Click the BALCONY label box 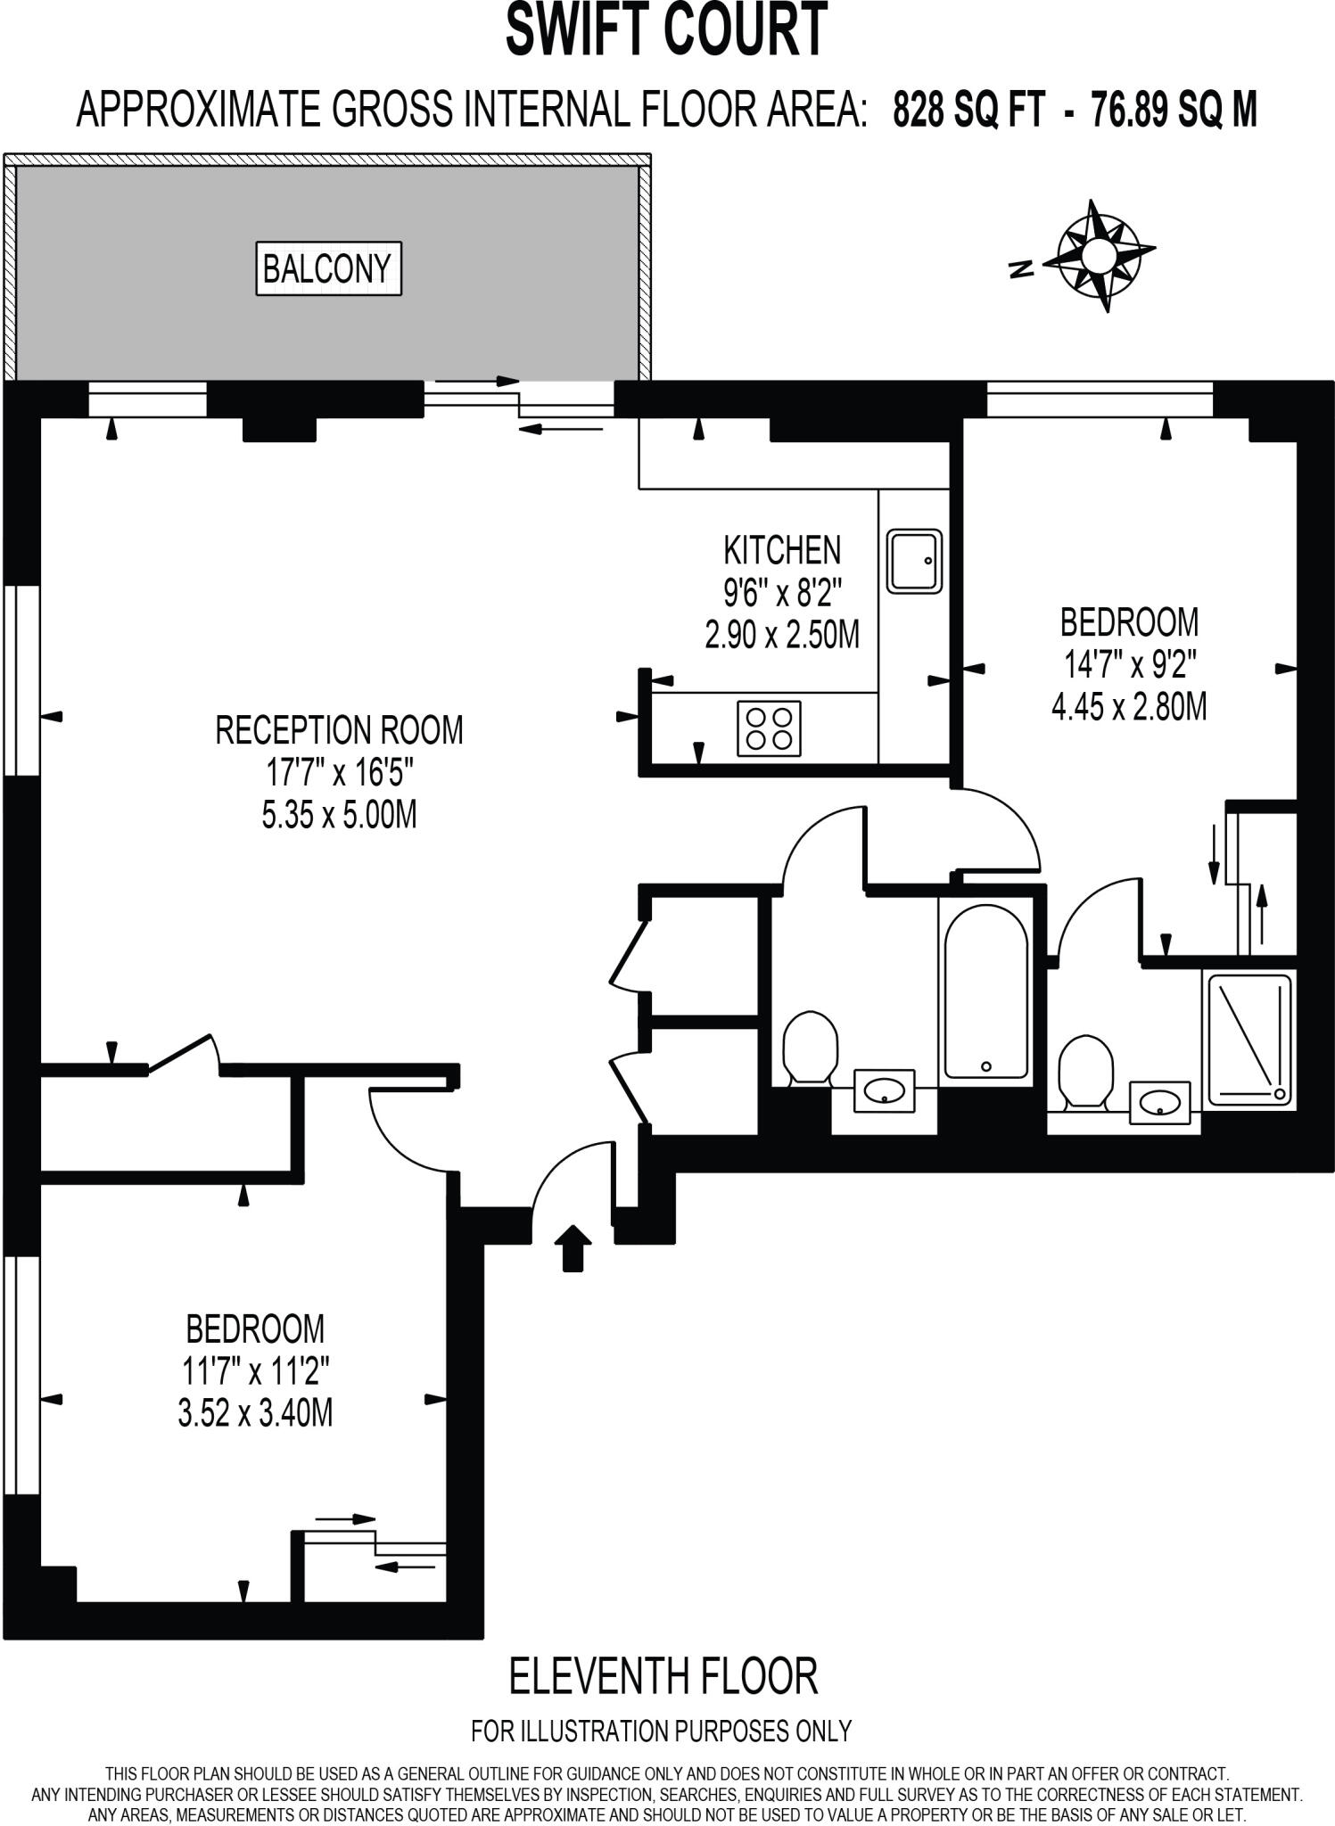pyautogui.click(x=328, y=268)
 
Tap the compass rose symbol pyautogui.click(x=1099, y=255)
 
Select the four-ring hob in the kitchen pyautogui.click(x=769, y=728)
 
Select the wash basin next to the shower pyautogui.click(x=1159, y=1103)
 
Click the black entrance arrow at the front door pyautogui.click(x=573, y=1246)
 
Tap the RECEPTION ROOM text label pyautogui.click(x=339, y=730)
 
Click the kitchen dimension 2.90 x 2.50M pyautogui.click(x=781, y=636)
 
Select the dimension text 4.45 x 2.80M pyautogui.click(x=1128, y=707)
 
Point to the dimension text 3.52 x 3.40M pyautogui.click(x=255, y=1413)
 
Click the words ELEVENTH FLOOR pyautogui.click(x=663, y=1675)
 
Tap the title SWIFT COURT pyautogui.click(x=665, y=30)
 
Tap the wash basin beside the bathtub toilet pyautogui.click(x=884, y=1090)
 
